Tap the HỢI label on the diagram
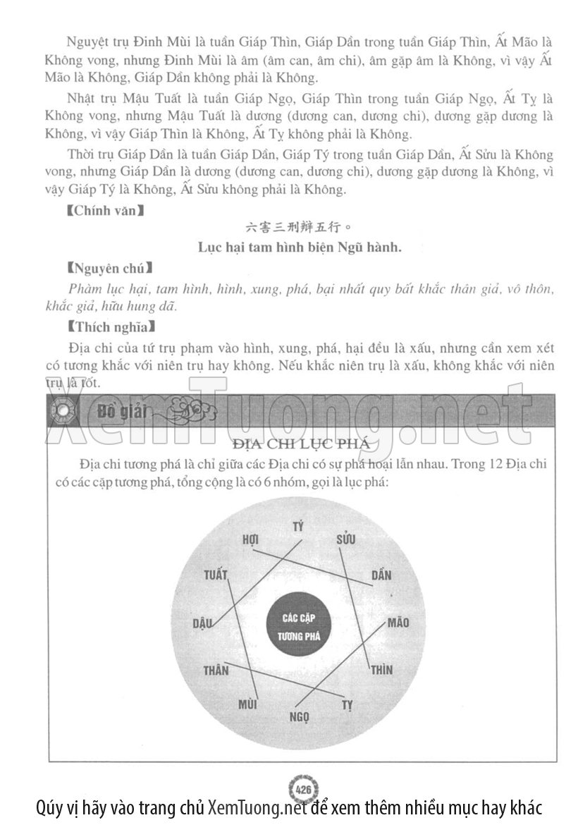[251, 539]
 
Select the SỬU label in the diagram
[345, 539]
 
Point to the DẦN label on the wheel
[381, 575]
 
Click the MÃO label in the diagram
[398, 623]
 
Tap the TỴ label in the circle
[347, 704]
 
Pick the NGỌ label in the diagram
[299, 718]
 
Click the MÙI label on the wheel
[247, 704]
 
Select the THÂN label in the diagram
[216, 670]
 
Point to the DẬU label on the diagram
[203, 623]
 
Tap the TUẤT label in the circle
[216, 575]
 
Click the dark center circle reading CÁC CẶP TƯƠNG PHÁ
[297, 626]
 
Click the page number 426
[305, 788]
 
